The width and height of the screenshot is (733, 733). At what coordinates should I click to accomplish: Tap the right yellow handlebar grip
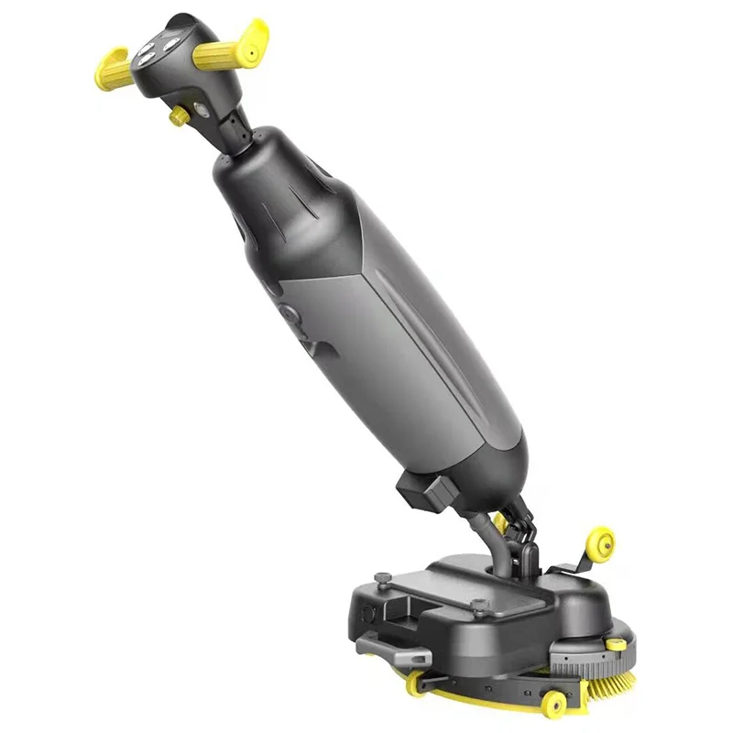(x=229, y=51)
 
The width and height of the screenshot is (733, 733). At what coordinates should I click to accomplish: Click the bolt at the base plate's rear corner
(x=380, y=577)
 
